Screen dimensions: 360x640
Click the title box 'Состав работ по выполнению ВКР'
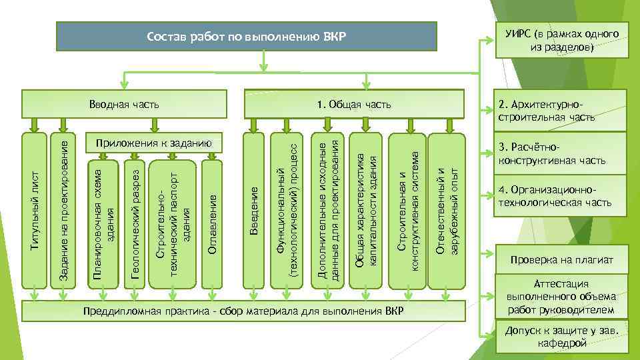pyautogui.click(x=246, y=35)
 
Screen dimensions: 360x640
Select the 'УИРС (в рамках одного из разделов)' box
pyautogui.click(x=558, y=41)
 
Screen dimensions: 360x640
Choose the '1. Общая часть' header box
pyautogui.click(x=354, y=104)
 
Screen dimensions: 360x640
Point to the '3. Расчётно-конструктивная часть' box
pyautogui.click(x=559, y=153)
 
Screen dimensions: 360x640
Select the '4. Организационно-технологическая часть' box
pyautogui.click(x=559, y=195)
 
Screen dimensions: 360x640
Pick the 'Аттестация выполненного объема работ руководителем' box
pyautogui.click(x=559, y=297)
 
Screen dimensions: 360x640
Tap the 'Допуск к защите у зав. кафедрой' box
pyautogui.click(x=559, y=337)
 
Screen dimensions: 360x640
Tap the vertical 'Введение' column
pyautogui.click(x=253, y=210)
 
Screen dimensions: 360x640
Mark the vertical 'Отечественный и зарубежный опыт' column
pyautogui.click(x=445, y=210)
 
